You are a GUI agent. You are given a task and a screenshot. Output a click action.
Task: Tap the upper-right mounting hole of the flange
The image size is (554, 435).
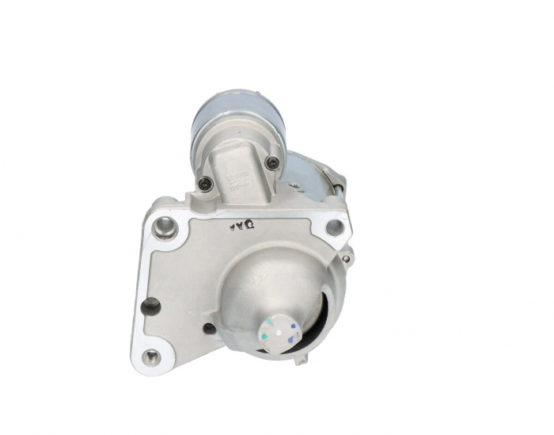click(335, 227)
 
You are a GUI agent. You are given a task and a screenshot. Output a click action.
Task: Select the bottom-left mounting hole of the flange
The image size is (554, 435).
click(150, 357)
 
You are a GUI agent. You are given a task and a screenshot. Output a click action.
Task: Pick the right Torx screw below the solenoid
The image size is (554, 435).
click(274, 163)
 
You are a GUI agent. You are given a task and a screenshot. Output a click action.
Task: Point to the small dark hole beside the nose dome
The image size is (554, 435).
click(209, 328)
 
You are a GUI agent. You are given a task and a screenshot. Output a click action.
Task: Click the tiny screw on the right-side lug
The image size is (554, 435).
click(345, 258)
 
